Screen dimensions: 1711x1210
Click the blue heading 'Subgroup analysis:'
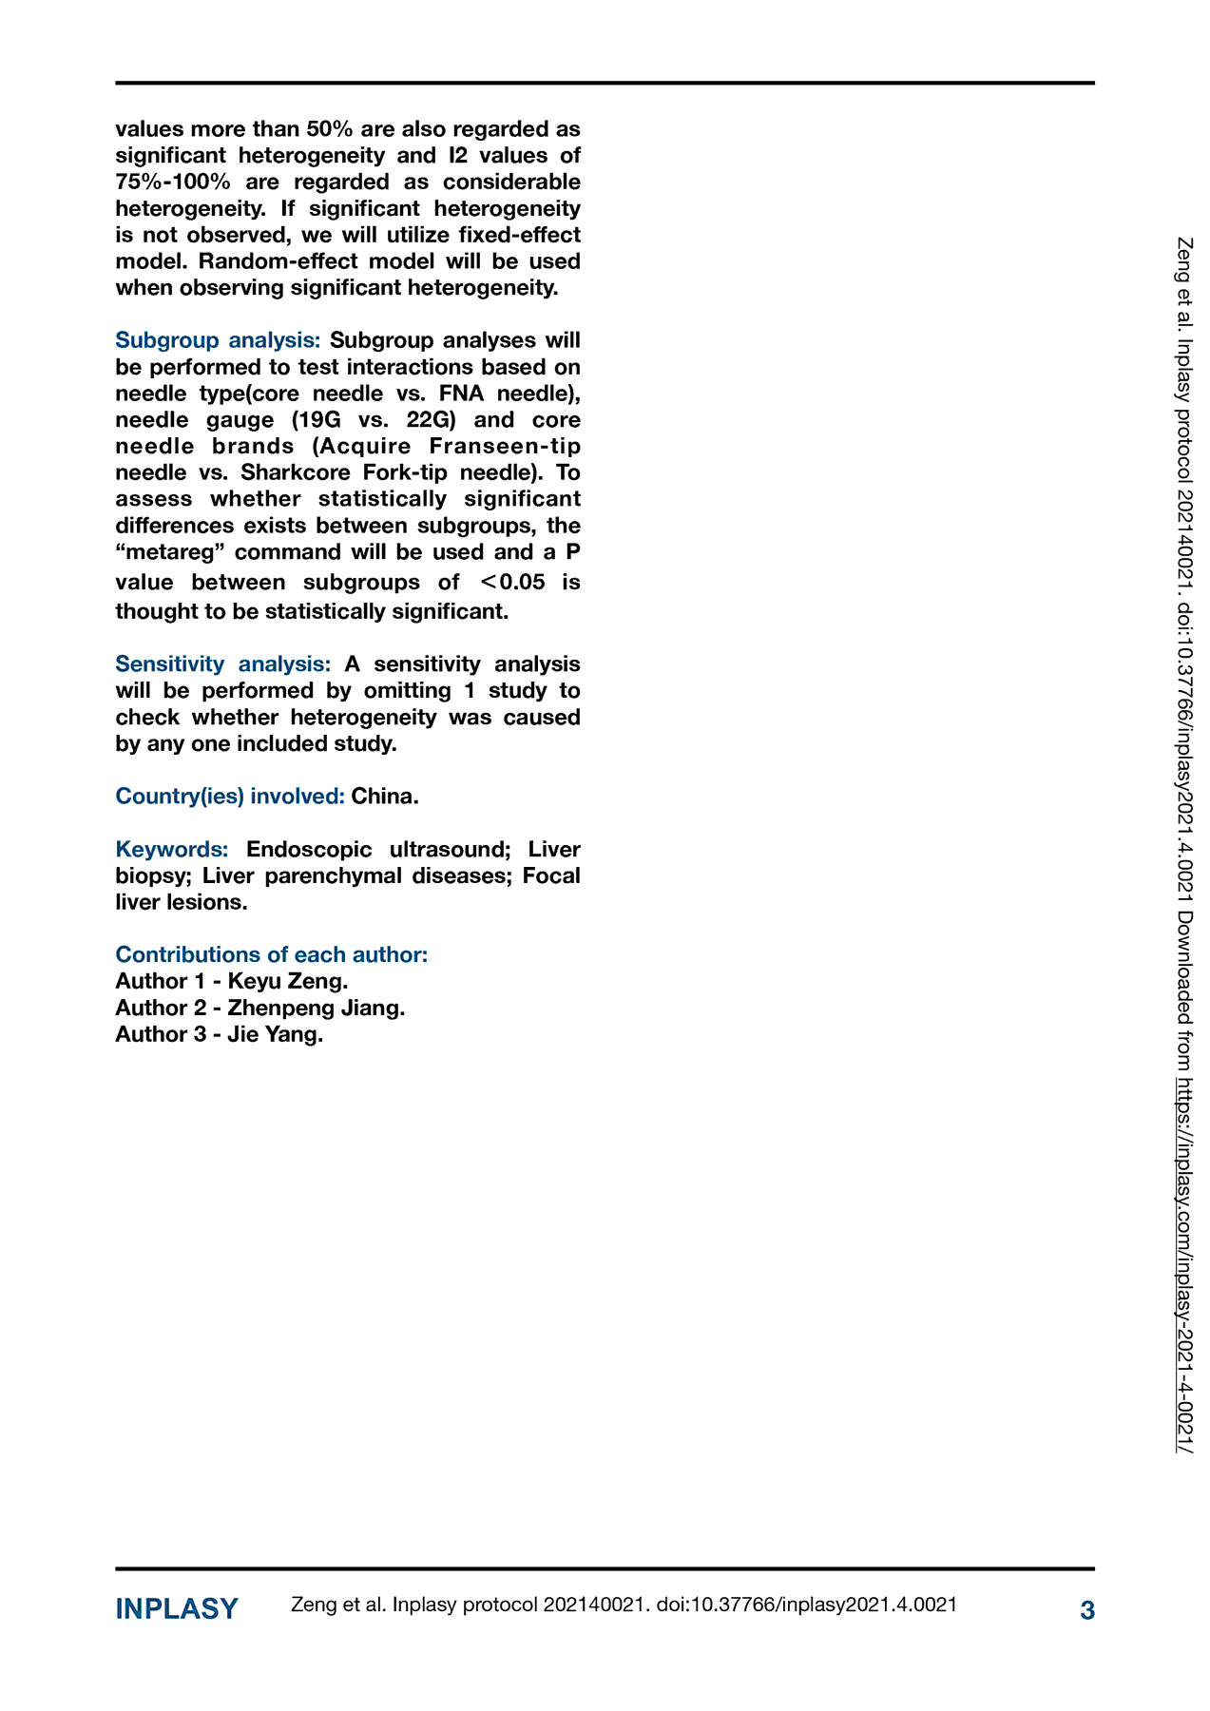click(218, 340)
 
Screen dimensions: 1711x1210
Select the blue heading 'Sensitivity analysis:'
click(222, 663)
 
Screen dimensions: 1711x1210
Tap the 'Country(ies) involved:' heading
click(229, 796)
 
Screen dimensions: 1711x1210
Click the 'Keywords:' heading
click(171, 849)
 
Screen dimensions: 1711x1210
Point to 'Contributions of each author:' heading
click(271, 954)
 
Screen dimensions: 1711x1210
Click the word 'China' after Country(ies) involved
click(383, 796)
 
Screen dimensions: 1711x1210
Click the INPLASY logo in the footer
click(177, 1609)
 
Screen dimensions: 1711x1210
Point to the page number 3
click(1087, 1610)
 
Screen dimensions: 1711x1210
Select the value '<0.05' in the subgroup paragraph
click(513, 582)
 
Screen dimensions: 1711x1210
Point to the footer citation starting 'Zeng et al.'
click(624, 1605)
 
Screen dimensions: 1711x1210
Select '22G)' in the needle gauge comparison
click(439, 419)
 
